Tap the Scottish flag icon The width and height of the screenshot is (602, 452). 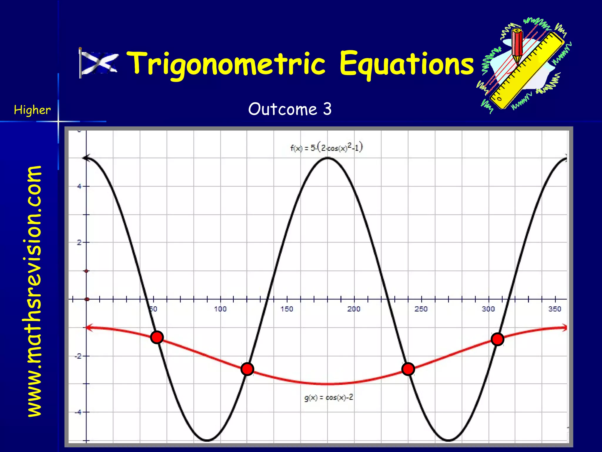99,63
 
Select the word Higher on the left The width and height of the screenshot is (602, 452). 32,110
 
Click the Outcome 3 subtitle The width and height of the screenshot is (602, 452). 290,109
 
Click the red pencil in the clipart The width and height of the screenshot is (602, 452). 517,44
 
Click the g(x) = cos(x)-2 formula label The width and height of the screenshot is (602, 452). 329,398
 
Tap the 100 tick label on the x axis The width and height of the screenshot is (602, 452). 220,309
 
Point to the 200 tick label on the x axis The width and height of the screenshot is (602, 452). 354,309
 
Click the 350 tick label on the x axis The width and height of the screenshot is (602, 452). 555,309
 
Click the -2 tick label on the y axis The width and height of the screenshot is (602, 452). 78,356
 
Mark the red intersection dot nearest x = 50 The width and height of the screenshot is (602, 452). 157,337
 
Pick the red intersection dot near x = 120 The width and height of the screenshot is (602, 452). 247,369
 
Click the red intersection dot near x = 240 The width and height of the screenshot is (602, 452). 408,369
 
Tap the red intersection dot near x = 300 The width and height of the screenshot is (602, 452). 497,339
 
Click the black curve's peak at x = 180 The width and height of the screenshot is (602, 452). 328,158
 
